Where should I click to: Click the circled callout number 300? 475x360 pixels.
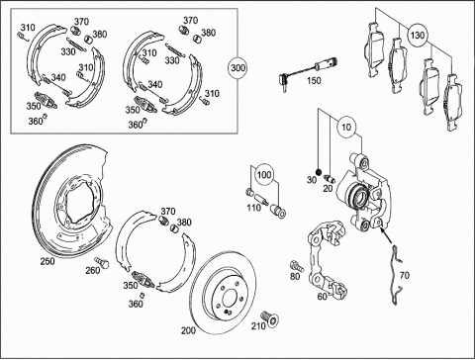[237, 68]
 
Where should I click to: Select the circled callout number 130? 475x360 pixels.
[418, 35]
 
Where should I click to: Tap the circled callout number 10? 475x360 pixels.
[346, 127]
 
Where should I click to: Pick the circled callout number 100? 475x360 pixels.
[264, 174]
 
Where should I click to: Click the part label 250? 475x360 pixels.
[47, 261]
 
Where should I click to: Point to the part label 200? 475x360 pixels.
[188, 330]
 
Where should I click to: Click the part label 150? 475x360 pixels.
[314, 80]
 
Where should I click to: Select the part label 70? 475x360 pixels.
[404, 275]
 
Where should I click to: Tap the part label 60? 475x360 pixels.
[322, 297]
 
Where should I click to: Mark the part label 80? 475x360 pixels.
[295, 276]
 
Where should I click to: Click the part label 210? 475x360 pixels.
[258, 326]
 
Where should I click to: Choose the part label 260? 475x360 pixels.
[93, 270]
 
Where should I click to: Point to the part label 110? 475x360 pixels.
[253, 208]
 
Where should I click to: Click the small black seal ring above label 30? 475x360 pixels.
[319, 172]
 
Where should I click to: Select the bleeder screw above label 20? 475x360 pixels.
[330, 179]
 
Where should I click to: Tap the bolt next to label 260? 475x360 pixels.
[102, 263]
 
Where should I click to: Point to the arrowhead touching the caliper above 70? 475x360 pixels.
[382, 229]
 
